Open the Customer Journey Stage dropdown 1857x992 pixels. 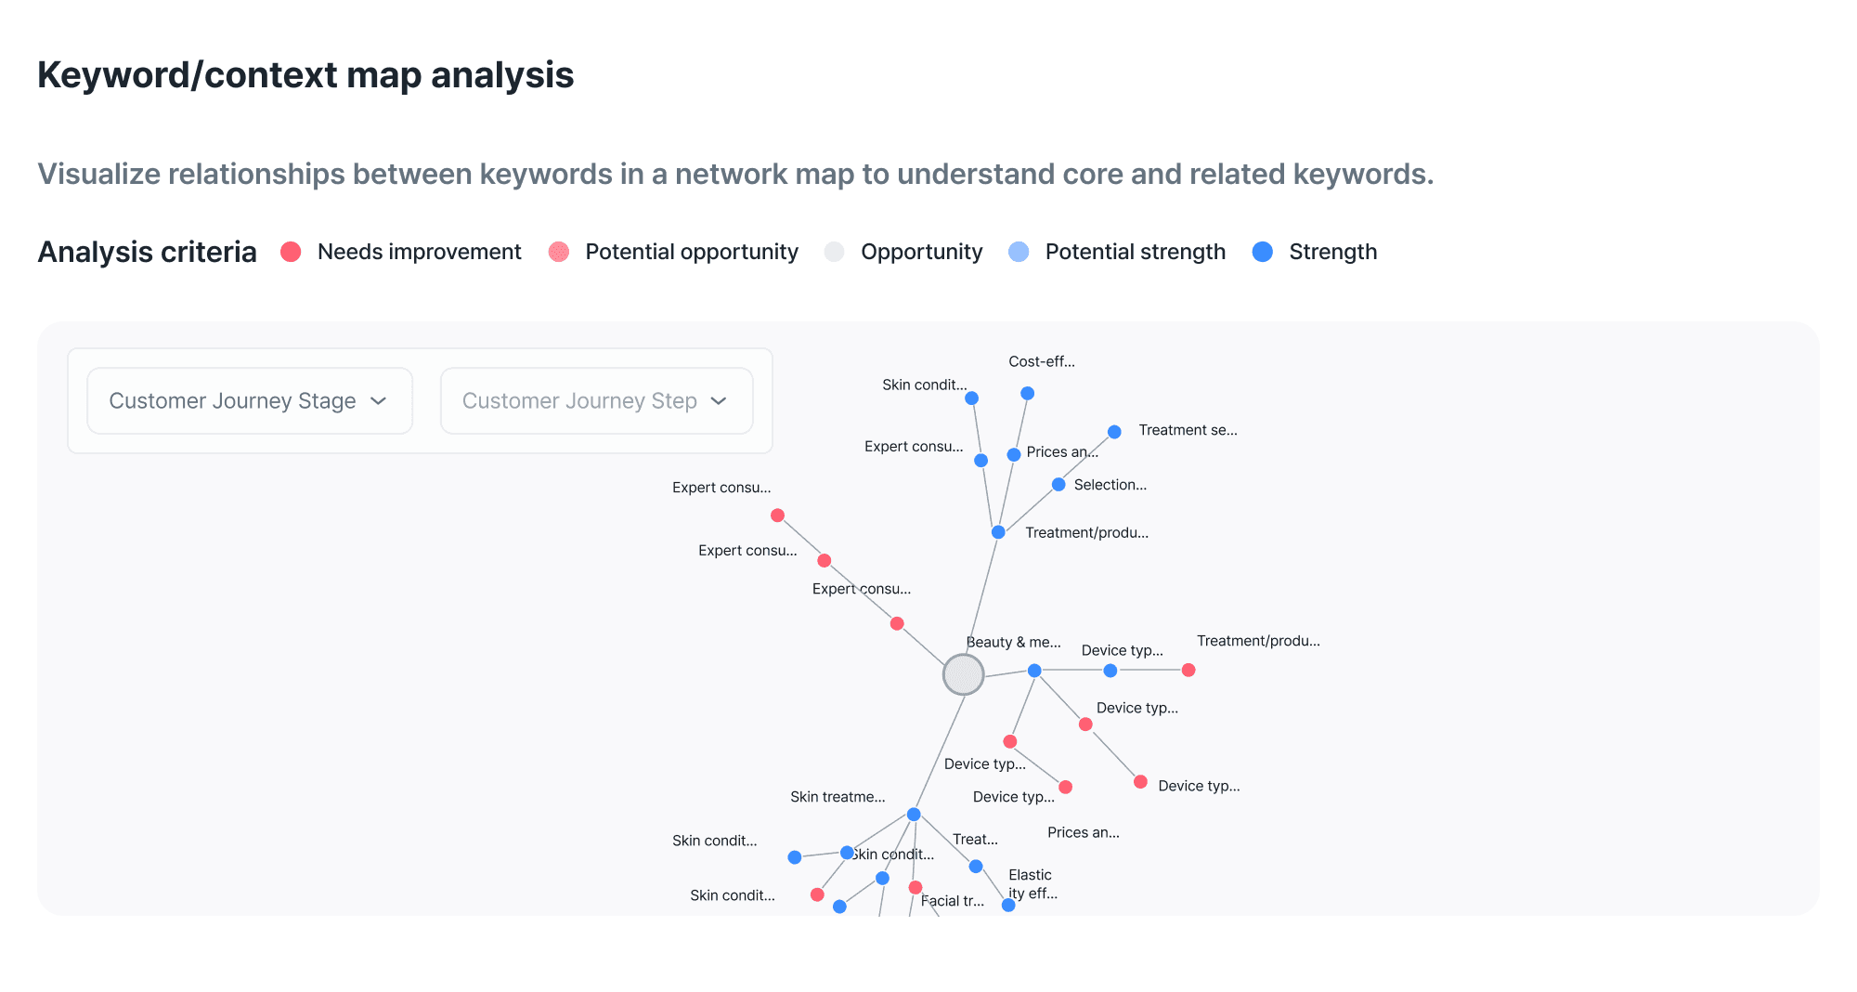coord(249,400)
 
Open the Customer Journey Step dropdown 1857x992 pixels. coord(596,400)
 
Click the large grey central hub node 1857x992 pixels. coord(963,674)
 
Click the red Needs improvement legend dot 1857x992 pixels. coord(291,252)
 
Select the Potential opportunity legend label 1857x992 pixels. coord(691,252)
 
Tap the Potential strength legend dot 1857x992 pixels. coord(1019,252)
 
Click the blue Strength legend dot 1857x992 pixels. coord(1262,252)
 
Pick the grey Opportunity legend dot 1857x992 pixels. coord(834,252)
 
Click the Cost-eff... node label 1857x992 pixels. coord(1041,361)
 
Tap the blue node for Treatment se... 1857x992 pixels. coord(1114,432)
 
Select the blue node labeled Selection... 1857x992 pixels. coord(1058,485)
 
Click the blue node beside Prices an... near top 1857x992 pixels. coord(1014,455)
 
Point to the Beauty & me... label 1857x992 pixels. coord(1013,642)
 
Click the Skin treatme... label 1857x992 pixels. coord(838,797)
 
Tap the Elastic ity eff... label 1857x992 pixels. coord(1032,884)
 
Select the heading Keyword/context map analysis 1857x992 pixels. coord(305,75)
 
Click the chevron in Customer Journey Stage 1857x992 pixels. coord(378,400)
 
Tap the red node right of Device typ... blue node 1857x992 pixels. coord(1188,670)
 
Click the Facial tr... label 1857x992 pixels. coord(953,901)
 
